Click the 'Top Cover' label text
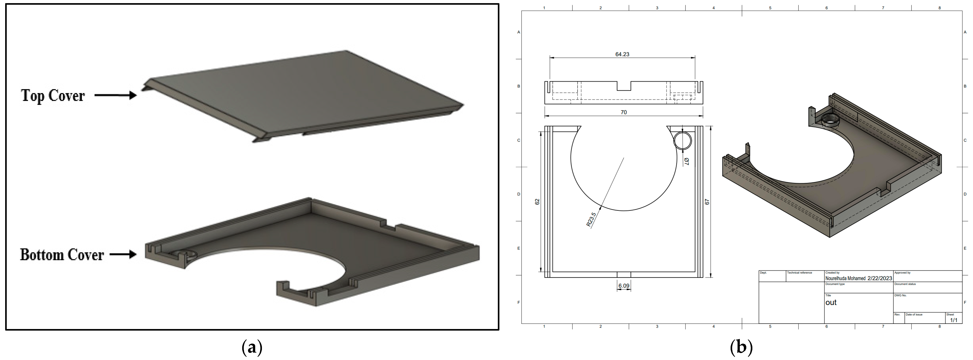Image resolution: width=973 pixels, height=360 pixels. coord(53,96)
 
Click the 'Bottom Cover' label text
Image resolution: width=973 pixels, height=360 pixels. coord(62,255)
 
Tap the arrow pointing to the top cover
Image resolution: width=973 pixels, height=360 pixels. coord(115,95)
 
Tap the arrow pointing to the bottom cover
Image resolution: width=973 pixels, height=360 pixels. coord(123,255)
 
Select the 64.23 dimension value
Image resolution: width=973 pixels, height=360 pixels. coord(622,54)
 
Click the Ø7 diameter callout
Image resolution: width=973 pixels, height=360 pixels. coord(686,161)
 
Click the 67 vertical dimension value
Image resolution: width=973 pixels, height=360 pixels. coord(707,202)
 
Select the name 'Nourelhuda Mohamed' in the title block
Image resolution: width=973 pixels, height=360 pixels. coord(845,278)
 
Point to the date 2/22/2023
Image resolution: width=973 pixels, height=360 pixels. coord(880,278)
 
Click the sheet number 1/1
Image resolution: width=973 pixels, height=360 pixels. coord(954,320)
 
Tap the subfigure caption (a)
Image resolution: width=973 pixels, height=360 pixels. coord(252,347)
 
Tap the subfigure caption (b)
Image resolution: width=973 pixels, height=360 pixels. coord(741,347)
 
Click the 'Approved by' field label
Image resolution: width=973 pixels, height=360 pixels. coord(902,273)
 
